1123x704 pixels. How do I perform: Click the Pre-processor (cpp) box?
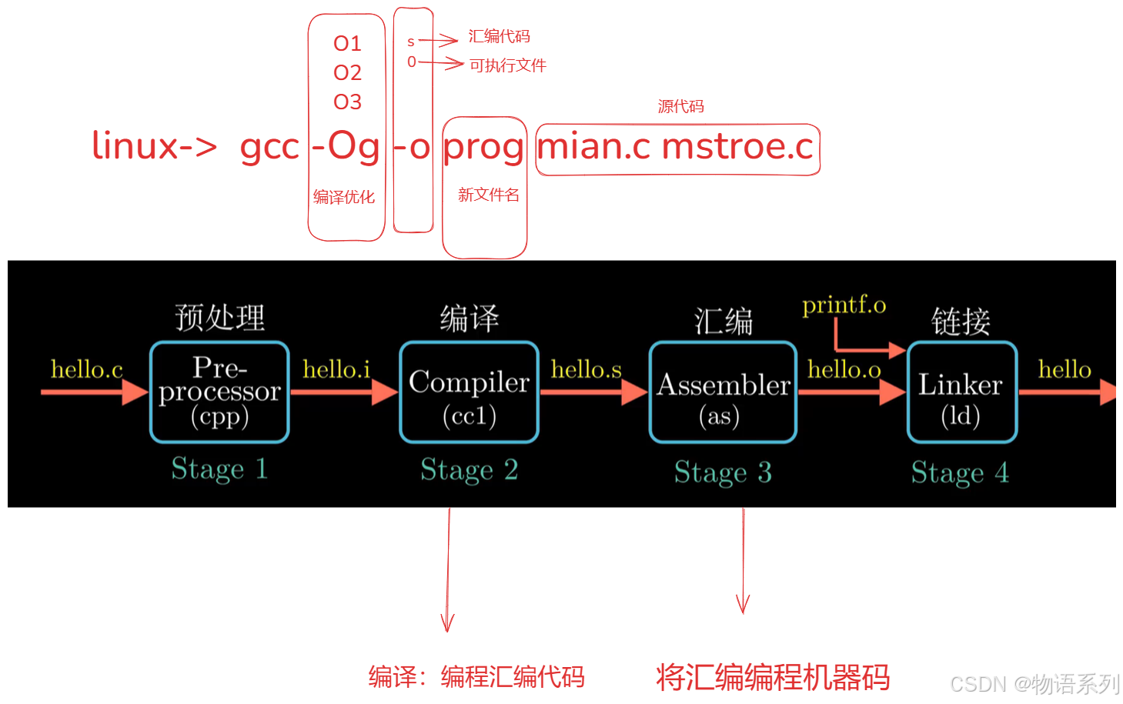click(x=219, y=392)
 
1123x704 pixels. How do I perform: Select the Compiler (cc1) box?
click(x=469, y=392)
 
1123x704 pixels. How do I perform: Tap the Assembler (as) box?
click(x=723, y=392)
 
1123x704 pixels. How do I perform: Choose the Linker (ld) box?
click(x=961, y=392)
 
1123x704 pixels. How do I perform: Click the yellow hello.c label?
click(x=86, y=369)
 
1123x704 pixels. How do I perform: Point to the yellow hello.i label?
click(x=336, y=369)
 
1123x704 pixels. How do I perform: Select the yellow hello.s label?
click(x=586, y=369)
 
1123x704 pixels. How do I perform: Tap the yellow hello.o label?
click(x=844, y=369)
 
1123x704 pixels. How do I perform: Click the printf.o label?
click(x=844, y=305)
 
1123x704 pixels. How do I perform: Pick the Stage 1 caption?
click(x=219, y=469)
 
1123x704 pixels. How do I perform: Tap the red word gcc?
click(x=269, y=146)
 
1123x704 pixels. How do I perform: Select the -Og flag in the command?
click(x=346, y=146)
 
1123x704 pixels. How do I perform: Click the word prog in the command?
click(x=483, y=146)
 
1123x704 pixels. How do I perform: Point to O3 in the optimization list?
click(x=347, y=102)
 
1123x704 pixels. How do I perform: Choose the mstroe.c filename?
click(x=737, y=146)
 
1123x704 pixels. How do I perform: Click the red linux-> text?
click(x=154, y=146)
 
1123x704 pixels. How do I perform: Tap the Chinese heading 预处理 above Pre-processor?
click(x=219, y=317)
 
